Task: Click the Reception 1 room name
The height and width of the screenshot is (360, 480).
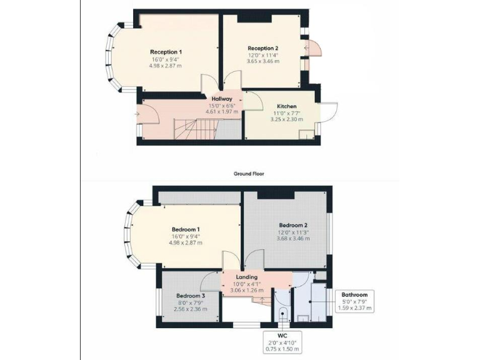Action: click(x=166, y=51)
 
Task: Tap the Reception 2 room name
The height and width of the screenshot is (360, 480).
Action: click(x=262, y=48)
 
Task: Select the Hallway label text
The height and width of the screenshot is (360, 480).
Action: click(x=222, y=99)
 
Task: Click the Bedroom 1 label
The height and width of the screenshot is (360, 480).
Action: click(x=185, y=229)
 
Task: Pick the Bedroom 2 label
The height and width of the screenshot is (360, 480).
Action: click(x=292, y=225)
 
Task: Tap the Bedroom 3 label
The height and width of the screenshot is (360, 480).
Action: click(x=190, y=296)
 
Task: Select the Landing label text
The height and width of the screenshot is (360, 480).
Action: click(x=247, y=277)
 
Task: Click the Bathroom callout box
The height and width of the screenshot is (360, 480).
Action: click(x=354, y=301)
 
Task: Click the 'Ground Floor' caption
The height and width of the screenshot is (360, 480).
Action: click(x=248, y=174)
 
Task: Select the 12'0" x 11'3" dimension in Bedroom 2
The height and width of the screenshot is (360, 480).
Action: click(x=292, y=232)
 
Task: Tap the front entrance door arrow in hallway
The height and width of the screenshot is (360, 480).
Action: click(x=139, y=113)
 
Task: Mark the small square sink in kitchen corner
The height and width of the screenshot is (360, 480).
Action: click(x=305, y=134)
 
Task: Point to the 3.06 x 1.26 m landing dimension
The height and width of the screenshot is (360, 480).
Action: click(x=247, y=291)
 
